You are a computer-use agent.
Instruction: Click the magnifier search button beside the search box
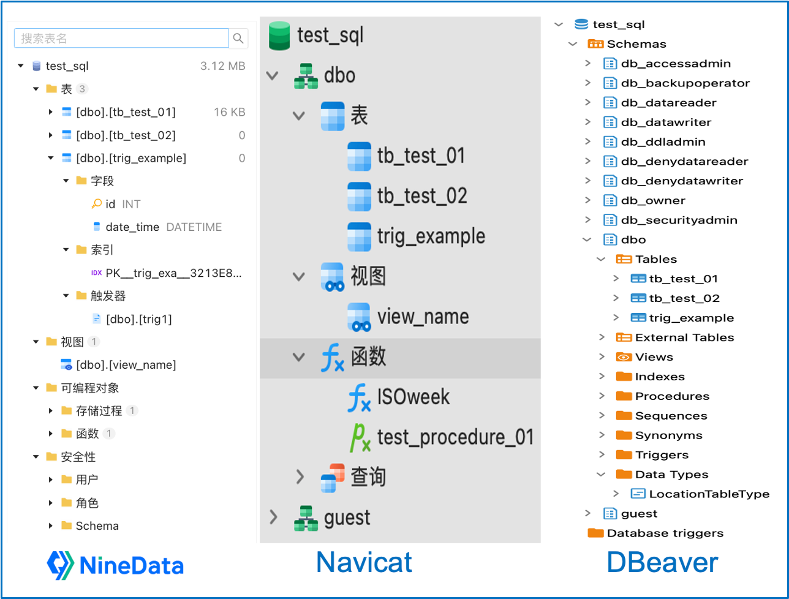tap(238, 38)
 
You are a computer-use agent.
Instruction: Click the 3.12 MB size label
tap(222, 66)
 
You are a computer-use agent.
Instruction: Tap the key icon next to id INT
tap(96, 204)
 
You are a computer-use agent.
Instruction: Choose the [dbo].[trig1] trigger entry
tap(138, 319)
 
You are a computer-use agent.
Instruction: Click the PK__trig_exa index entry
tap(173, 273)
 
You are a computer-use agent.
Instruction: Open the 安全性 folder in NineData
tap(78, 457)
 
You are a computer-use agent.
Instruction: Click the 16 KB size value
tap(229, 112)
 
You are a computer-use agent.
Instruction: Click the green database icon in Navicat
tap(279, 36)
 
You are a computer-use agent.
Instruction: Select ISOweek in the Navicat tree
tap(413, 397)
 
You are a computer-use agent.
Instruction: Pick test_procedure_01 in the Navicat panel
tap(455, 437)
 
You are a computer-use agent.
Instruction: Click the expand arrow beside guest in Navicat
tap(273, 518)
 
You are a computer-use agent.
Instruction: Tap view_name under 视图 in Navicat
tap(423, 317)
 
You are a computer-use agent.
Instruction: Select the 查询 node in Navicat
tap(368, 477)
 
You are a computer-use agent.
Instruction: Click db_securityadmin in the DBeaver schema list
tap(679, 220)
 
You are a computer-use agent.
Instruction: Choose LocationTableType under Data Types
tap(709, 494)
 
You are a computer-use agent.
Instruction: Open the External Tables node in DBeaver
tap(684, 337)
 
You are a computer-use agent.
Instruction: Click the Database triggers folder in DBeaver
tap(665, 533)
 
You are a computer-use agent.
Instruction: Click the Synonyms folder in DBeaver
tap(668, 435)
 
